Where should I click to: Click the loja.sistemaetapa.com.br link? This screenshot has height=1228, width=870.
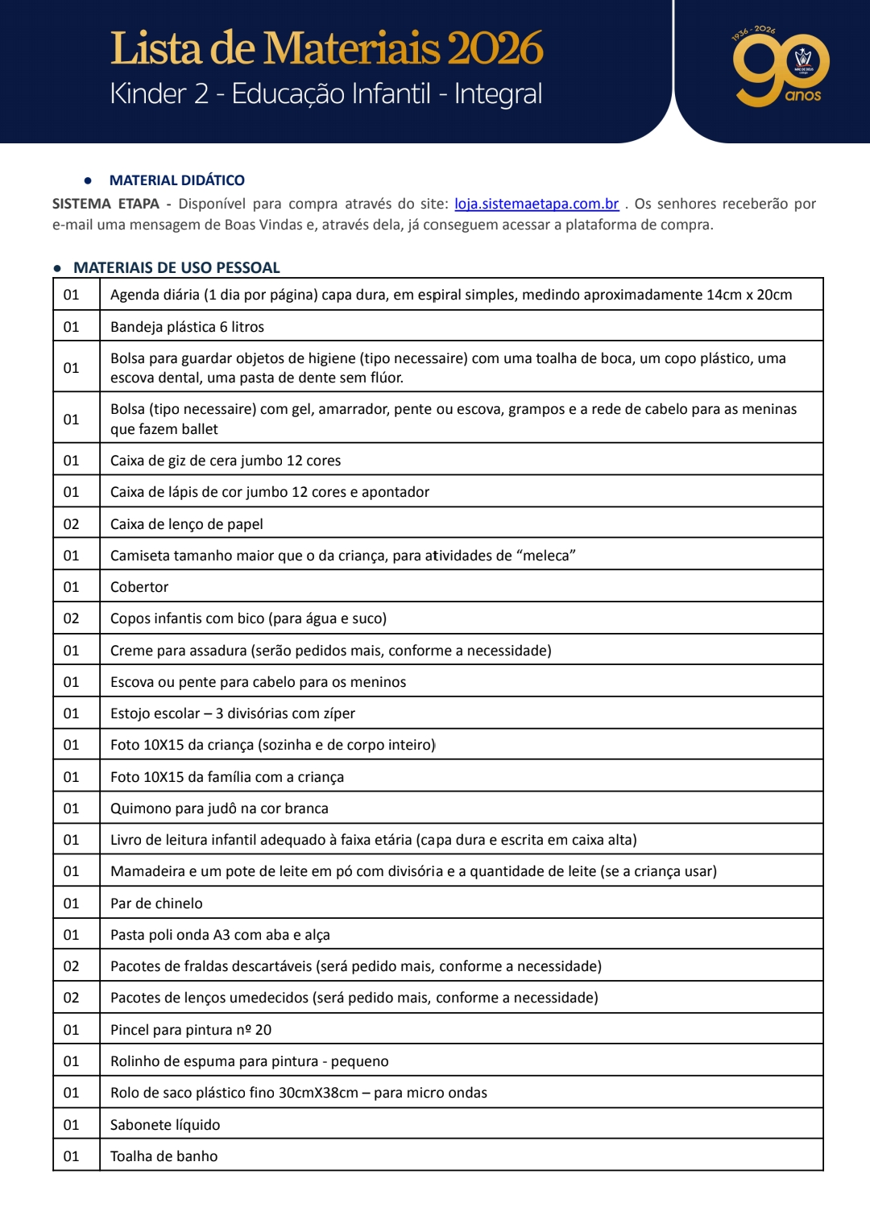[x=536, y=205]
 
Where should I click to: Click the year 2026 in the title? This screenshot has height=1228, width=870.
[x=495, y=48]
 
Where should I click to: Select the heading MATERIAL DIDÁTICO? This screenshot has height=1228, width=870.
[x=176, y=180]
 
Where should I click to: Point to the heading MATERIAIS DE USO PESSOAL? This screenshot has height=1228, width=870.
[x=176, y=267]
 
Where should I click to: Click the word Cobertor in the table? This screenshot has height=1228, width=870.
[x=139, y=587]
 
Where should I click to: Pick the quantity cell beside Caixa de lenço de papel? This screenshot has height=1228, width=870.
[x=72, y=524]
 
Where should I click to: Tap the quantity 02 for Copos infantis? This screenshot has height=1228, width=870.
[x=72, y=618]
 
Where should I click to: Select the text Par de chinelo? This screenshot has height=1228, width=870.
[x=156, y=903]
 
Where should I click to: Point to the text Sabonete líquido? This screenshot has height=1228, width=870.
[x=165, y=1125]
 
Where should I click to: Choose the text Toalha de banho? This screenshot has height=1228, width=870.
[x=164, y=1156]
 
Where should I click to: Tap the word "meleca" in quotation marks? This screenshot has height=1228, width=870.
[x=545, y=556]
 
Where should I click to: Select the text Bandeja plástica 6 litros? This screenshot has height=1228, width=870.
[x=187, y=327]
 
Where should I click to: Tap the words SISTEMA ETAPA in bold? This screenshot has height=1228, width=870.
[x=106, y=205]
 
